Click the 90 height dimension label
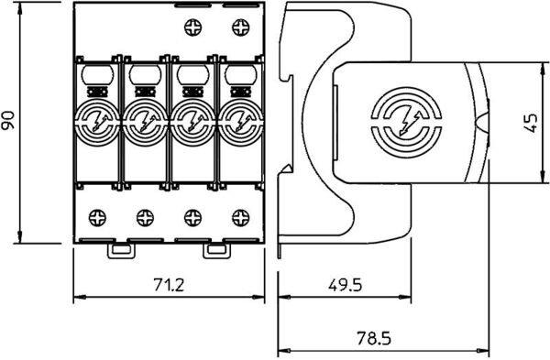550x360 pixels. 8,121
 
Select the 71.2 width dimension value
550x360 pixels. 169,284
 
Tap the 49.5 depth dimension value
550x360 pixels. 345,285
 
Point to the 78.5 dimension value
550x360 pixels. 374,338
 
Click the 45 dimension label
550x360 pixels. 531,123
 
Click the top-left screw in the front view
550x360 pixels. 192,27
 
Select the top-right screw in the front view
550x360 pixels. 241,27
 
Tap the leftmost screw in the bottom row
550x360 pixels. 97,218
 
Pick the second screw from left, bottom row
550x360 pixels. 145,218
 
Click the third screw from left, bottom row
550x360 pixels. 192,218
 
